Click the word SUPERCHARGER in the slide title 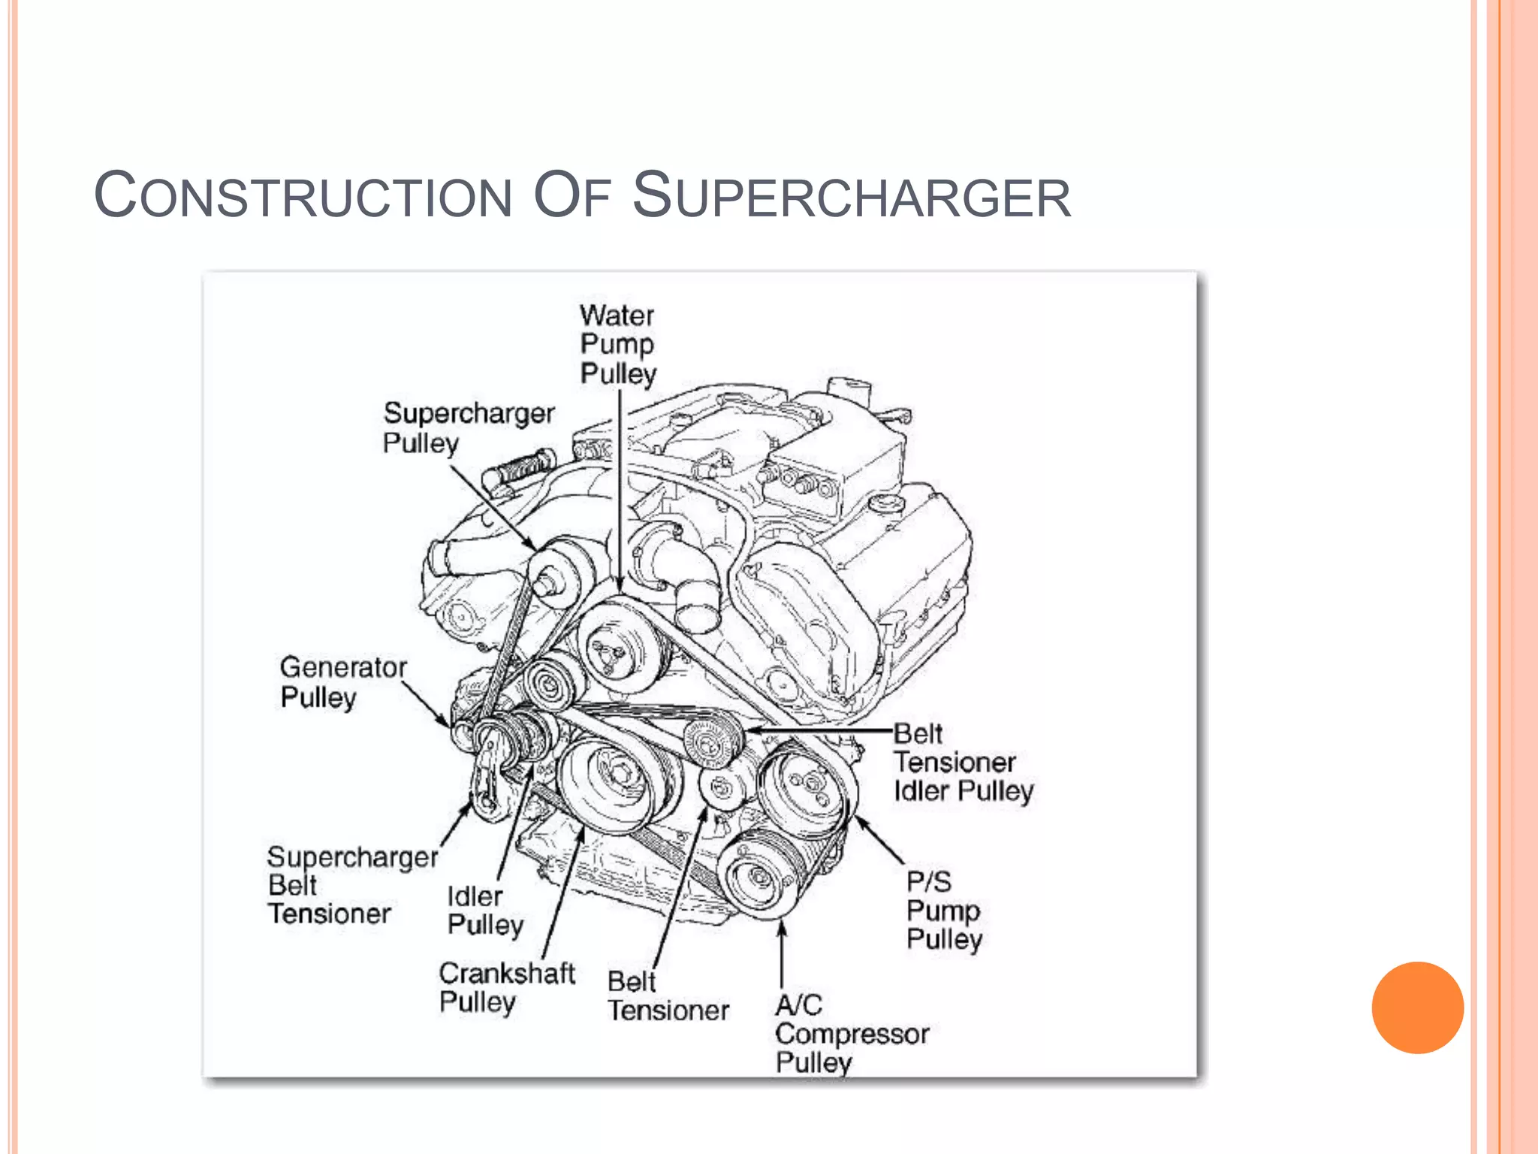click(x=852, y=197)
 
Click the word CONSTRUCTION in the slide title click(x=303, y=197)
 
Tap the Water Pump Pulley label click(x=617, y=345)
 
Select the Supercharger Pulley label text click(x=467, y=427)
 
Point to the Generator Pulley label click(x=342, y=682)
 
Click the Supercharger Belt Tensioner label click(x=351, y=886)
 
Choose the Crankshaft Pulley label click(x=507, y=987)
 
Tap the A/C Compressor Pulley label click(x=851, y=1034)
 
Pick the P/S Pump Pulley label click(x=943, y=911)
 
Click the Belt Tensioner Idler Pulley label click(x=963, y=763)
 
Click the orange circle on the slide click(x=1417, y=1007)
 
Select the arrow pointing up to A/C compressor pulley click(x=782, y=954)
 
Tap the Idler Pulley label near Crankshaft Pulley click(x=484, y=910)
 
